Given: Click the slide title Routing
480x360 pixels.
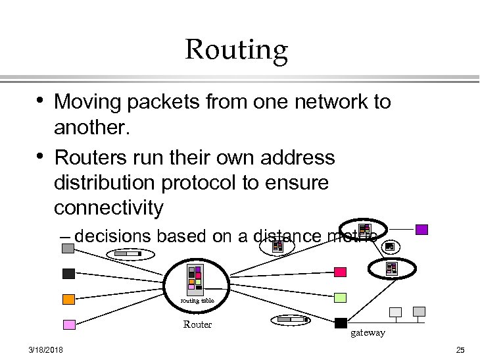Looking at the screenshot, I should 237,50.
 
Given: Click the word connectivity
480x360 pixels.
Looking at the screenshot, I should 108,208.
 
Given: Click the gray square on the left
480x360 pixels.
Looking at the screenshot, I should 68,248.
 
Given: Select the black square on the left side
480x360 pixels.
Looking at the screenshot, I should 68,273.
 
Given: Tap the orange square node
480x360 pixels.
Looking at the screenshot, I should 68,299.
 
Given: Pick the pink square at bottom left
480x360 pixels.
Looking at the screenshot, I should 68,324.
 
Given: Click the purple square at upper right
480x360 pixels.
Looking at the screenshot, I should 421,230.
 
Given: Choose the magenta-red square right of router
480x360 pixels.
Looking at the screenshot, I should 340,272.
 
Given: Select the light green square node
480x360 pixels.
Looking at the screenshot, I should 340,297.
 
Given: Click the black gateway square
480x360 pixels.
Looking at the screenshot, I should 341,322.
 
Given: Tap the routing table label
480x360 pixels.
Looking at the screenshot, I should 198,301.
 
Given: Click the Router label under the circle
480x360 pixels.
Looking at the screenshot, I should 197,324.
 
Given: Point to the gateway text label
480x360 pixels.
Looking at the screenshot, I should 368,333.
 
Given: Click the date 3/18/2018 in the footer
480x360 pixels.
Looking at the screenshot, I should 46,349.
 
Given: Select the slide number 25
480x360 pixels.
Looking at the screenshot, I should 460,349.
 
